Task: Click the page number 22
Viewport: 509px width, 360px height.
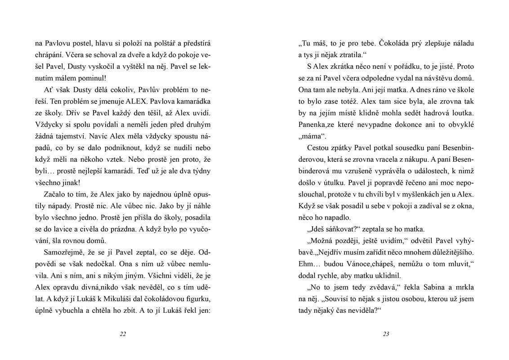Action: coord(123,333)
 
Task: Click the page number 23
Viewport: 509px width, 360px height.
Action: coord(386,333)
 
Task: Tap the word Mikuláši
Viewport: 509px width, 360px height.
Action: coord(121,298)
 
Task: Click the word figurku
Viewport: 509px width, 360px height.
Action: coord(198,298)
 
